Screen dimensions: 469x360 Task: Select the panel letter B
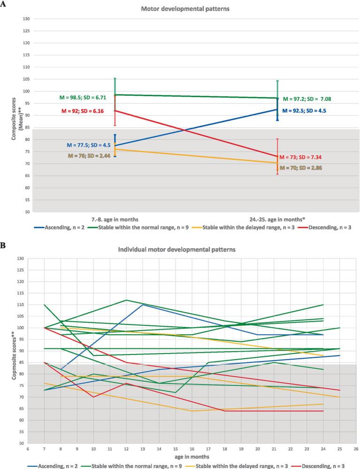pyautogui.click(x=3, y=244)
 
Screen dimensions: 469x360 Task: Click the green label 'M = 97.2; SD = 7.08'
pyautogui.click(x=314, y=99)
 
